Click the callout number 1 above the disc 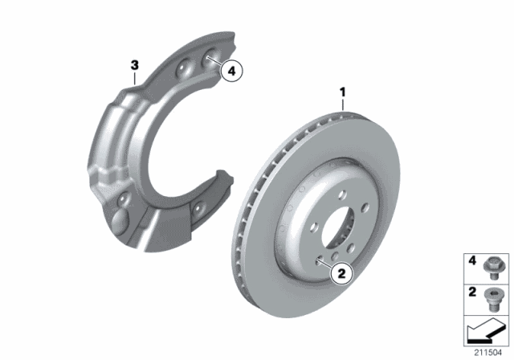pos(343,93)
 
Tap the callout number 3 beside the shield pos(135,63)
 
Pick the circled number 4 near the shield pos(231,72)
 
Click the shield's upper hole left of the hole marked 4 pos(186,67)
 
